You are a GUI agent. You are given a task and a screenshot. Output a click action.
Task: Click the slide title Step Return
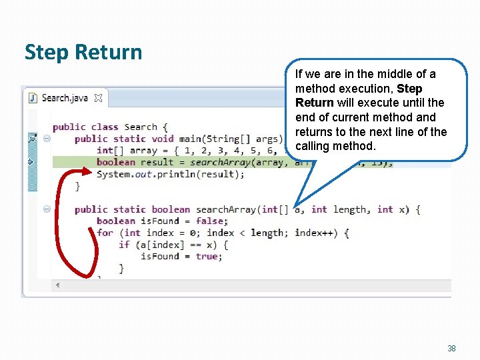pyautogui.click(x=83, y=52)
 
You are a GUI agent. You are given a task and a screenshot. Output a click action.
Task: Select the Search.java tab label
pyautogui.click(x=65, y=98)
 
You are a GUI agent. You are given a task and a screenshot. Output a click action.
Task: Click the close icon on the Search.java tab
pyautogui.click(x=98, y=99)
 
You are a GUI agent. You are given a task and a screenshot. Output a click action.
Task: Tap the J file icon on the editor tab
pyautogui.click(x=33, y=98)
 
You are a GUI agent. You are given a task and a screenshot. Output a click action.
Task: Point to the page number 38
pyautogui.click(x=451, y=349)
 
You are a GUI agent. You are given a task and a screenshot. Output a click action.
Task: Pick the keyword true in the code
pyautogui.click(x=207, y=256)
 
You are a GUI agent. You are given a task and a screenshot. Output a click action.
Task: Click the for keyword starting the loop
pyautogui.click(x=105, y=233)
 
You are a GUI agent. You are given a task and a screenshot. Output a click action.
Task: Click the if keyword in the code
pyautogui.click(x=123, y=245)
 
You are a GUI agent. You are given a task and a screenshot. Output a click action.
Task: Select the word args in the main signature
pyautogui.click(x=267, y=139)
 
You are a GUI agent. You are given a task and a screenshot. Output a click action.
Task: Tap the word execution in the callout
pyautogui.click(x=359, y=89)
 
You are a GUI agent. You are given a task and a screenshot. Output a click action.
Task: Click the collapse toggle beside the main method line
pyautogui.click(x=47, y=139)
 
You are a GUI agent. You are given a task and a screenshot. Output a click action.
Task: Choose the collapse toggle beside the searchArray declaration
pyautogui.click(x=47, y=209)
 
